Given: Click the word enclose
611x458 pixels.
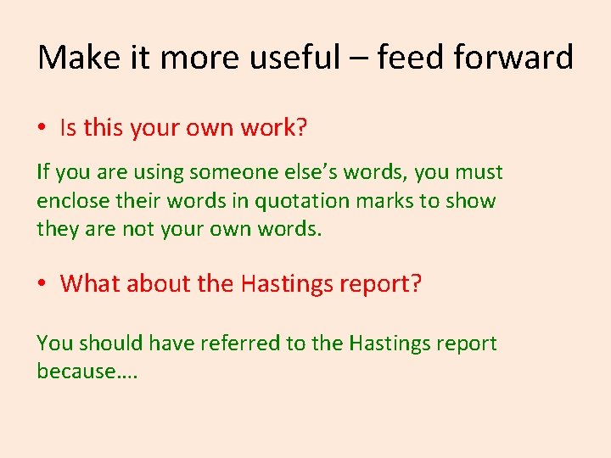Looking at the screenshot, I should coord(71,201).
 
